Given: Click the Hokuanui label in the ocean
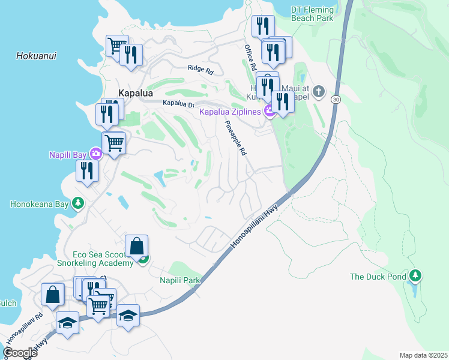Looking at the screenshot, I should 36,56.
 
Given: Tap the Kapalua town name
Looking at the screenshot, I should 135,94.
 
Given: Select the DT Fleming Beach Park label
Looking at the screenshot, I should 312,14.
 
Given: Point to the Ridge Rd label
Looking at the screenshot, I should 200,70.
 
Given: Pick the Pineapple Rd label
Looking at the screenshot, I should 235,138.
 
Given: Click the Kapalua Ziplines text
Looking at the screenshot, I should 231,112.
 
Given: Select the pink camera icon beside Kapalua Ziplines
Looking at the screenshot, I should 270,112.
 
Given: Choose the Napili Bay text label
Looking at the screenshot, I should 68,155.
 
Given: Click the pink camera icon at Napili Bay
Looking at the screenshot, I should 95,154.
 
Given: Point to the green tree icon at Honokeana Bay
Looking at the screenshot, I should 77,203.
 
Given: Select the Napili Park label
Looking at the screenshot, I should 179,280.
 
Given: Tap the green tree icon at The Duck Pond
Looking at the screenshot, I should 415,276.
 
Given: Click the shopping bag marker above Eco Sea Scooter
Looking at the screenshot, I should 137,246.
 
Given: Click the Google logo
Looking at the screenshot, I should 20,353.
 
